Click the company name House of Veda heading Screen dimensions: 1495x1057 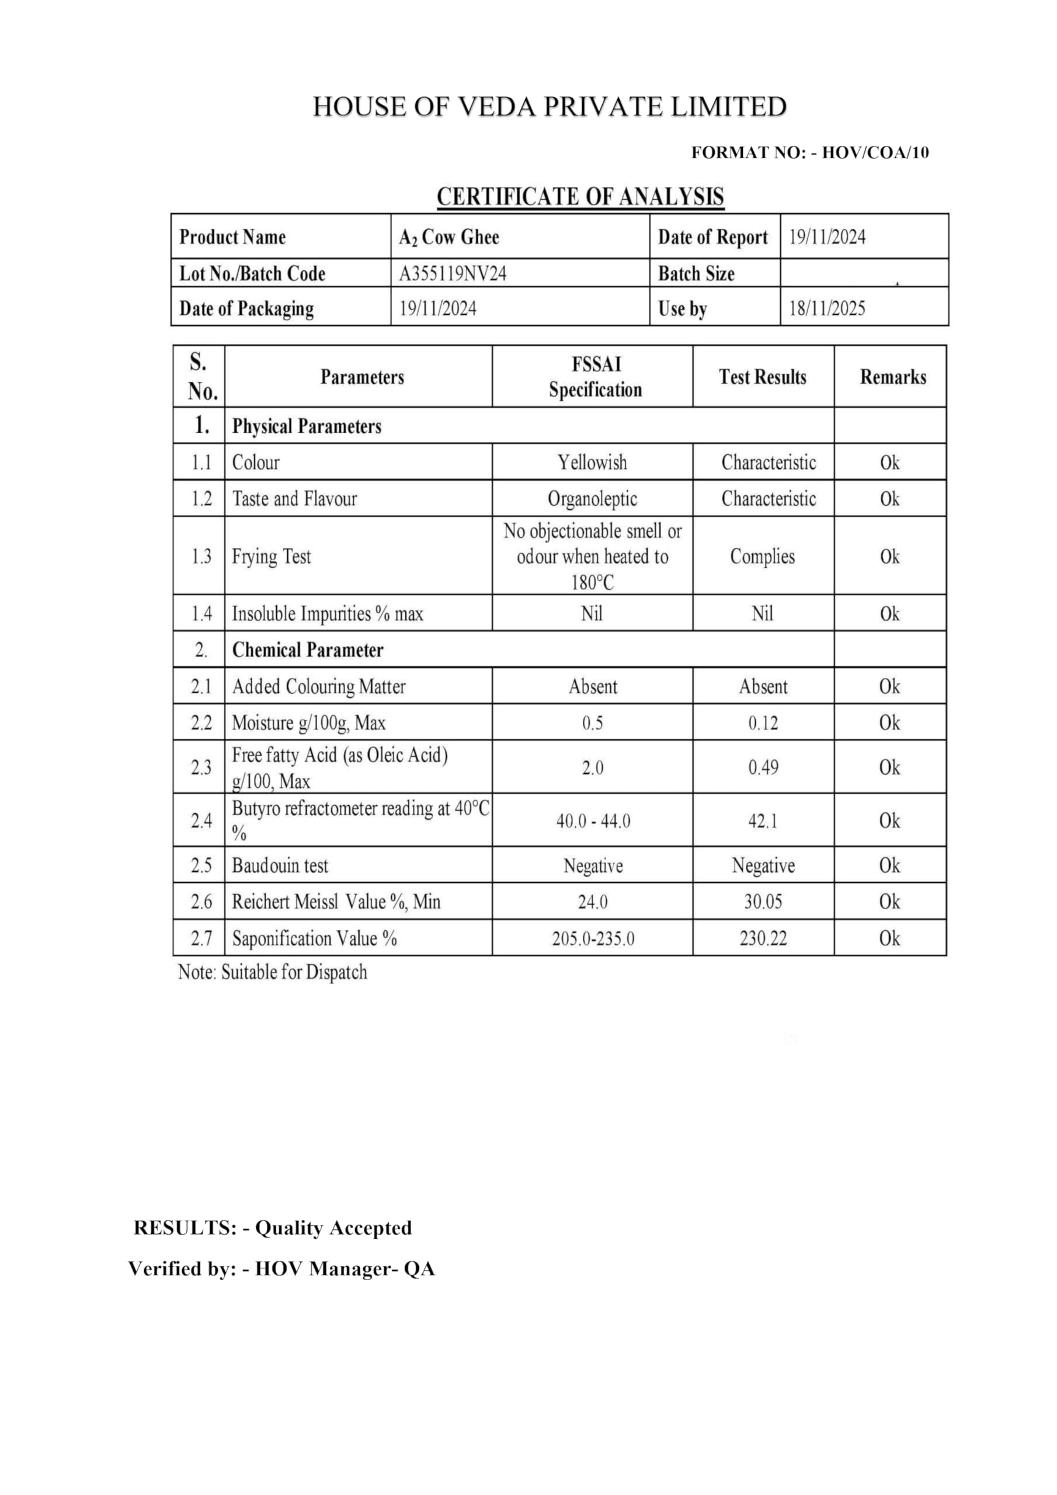[550, 107]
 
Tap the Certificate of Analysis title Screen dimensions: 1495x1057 [580, 197]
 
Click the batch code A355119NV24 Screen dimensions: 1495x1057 [453, 273]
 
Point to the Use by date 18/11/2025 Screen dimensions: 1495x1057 [827, 308]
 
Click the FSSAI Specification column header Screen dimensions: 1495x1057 [594, 377]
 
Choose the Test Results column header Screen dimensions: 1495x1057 [763, 377]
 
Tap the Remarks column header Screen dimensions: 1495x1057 [893, 377]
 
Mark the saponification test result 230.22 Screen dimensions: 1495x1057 [763, 939]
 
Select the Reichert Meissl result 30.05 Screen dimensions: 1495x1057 [763, 902]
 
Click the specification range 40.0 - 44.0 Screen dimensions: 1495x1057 [593, 821]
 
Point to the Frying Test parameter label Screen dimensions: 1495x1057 [272, 557]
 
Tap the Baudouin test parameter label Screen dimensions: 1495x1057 [280, 866]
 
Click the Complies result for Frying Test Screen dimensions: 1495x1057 [762, 557]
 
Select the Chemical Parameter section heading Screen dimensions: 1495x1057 [307, 650]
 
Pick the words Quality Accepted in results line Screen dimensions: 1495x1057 [333, 1228]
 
